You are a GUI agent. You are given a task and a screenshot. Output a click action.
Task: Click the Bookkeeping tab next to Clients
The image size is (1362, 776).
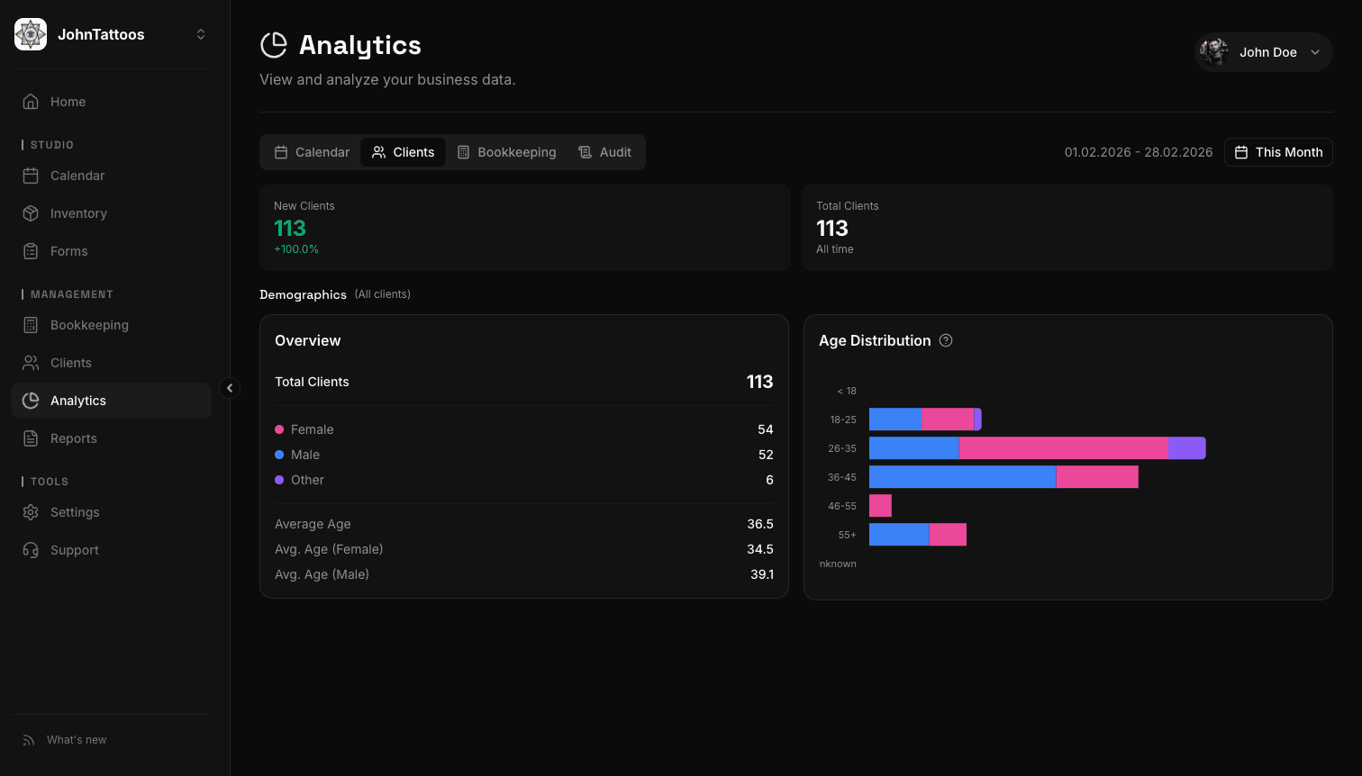point(506,152)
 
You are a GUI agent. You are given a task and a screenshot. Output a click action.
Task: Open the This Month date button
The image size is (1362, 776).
point(1278,152)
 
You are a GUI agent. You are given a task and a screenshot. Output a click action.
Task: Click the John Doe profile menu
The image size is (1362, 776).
point(1263,52)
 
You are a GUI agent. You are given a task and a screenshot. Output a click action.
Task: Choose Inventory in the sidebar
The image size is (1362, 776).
point(78,213)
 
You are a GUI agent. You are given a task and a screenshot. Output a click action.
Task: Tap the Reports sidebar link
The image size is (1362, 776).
point(73,438)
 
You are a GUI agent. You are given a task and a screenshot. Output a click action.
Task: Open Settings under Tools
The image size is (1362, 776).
point(75,512)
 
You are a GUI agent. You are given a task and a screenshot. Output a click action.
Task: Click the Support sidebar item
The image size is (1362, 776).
point(74,550)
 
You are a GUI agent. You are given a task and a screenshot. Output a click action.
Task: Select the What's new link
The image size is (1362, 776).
point(76,740)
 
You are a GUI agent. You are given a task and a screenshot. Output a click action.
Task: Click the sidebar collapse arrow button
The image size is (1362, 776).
point(230,388)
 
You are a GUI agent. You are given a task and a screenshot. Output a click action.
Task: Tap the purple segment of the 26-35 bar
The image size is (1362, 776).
point(1186,448)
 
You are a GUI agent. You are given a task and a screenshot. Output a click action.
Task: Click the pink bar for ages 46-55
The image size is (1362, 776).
point(880,506)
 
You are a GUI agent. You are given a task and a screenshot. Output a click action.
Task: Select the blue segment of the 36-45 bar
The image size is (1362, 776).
point(962,477)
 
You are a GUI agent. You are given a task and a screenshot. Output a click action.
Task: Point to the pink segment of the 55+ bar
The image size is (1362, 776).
point(948,535)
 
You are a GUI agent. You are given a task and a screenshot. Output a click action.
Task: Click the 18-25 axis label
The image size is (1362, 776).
point(843,420)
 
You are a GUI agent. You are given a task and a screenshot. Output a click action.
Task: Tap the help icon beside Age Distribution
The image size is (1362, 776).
point(946,340)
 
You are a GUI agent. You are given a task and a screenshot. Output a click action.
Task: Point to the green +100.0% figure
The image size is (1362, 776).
point(296,249)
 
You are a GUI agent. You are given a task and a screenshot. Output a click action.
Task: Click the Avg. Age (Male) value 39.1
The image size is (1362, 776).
point(762,574)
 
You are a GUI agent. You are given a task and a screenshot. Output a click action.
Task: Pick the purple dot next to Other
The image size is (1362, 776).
point(279,480)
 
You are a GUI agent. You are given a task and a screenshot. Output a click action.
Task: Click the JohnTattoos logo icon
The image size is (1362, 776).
point(31,34)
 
